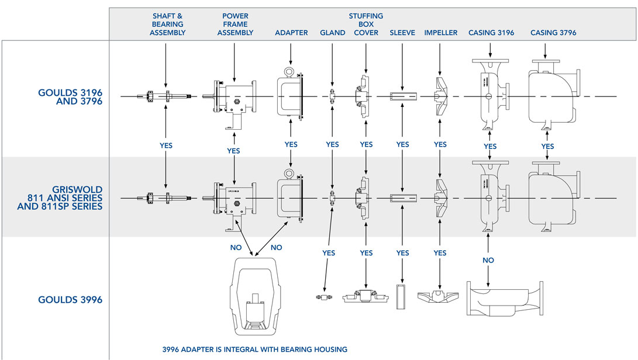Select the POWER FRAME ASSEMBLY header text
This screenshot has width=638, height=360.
coord(235,25)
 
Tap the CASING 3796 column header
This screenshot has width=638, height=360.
coord(553,33)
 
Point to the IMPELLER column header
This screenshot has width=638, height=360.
coord(440,33)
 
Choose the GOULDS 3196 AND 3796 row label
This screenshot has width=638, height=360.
coord(71,96)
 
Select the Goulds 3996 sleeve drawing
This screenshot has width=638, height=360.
coord(402,296)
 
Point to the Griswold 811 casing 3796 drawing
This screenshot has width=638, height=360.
coord(552,197)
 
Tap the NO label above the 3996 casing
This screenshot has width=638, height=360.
coord(489,260)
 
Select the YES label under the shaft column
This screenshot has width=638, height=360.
coord(166,146)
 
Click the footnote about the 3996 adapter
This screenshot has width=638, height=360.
coord(254,349)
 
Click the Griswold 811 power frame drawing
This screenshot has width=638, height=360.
coord(232,198)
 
